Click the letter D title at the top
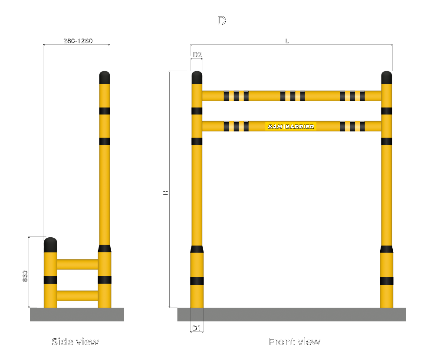222,21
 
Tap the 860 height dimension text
25,276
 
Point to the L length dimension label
287,41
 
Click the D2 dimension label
197,55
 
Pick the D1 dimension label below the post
197,328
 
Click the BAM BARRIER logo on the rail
291,126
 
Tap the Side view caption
75,342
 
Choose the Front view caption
294,342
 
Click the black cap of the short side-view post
50,245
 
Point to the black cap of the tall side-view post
104,78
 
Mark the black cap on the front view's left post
197,78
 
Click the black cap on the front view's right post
386,78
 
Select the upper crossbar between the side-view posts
77,264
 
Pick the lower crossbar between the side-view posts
77,295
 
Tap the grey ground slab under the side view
77,314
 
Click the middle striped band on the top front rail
293,95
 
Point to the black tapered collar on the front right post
386,249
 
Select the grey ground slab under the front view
292,314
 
